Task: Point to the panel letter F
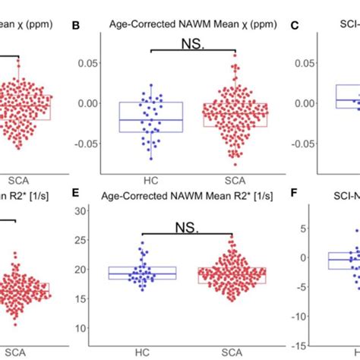[297, 194]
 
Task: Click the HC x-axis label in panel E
[150, 352]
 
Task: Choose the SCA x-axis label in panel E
[235, 352]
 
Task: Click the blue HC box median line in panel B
[150, 120]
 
